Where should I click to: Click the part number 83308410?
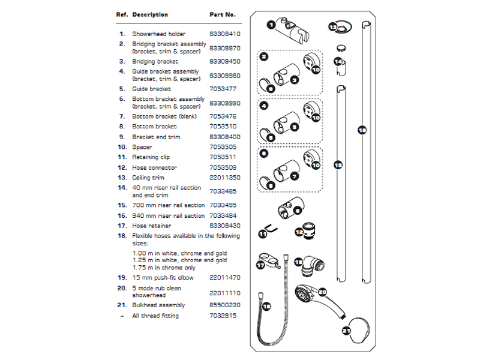click(223, 34)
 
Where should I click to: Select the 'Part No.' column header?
click(223, 14)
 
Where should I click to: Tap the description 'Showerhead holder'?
click(159, 34)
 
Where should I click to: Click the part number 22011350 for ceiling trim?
click(223, 178)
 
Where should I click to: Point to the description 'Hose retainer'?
click(151, 226)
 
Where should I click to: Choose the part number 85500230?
click(223, 305)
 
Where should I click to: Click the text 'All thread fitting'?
click(155, 316)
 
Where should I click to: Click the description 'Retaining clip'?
click(152, 157)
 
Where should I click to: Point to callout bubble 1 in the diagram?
click(271, 25)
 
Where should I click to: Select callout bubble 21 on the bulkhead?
click(346, 330)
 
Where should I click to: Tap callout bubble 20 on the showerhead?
click(322, 292)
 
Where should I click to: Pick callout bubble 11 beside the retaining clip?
click(262, 234)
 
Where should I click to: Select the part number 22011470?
click(223, 278)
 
